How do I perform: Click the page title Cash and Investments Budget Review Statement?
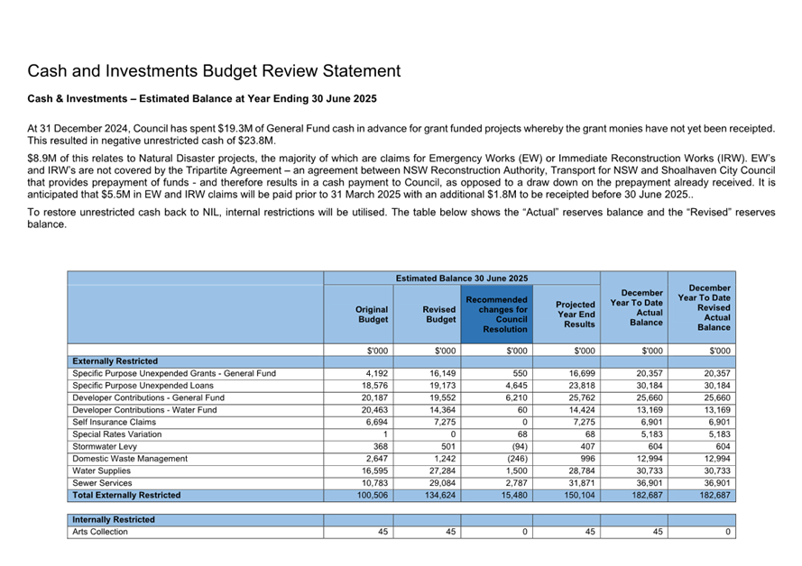(214, 71)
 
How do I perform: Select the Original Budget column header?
(373, 314)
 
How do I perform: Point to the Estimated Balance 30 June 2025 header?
(461, 278)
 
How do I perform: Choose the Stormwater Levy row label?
(105, 446)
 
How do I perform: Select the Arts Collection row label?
(100, 532)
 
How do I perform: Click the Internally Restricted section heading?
(114, 519)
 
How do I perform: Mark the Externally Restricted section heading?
(115, 361)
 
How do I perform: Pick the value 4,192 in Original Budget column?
(376, 373)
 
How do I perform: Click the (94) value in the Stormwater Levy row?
(516, 446)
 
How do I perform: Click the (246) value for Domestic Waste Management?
(514, 459)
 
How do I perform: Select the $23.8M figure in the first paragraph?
(254, 141)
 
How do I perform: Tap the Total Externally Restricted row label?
(126, 495)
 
